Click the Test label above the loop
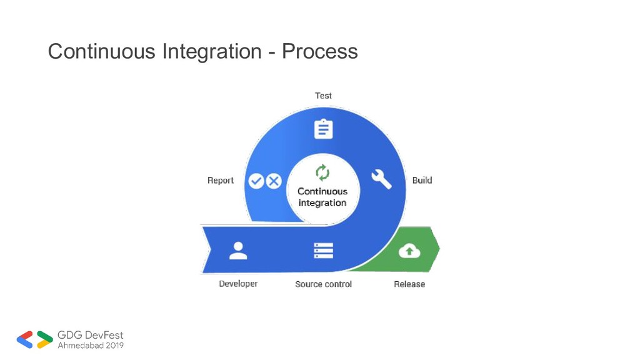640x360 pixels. pos(323,96)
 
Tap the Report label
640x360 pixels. pos(221,181)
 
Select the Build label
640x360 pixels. pos(422,181)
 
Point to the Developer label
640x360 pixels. pos(238,284)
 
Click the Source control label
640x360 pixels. pos(323,284)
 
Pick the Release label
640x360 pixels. pos(409,284)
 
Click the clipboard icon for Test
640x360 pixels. pos(323,129)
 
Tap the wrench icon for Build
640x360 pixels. pos(381,179)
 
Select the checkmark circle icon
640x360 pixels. pos(256,181)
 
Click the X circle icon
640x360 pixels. pos(274,181)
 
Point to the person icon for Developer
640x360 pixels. pos(238,251)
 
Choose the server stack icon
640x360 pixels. pos(323,251)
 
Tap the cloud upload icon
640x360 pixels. pos(409,251)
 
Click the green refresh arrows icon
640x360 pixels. pos(322,172)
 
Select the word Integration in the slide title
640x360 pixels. pos(211,51)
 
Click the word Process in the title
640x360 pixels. pos(319,51)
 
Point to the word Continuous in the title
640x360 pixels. pos(102,51)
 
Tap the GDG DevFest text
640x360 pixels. pos(91,336)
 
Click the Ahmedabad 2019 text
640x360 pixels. pos(91,345)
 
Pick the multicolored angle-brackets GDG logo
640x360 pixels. pos(35,339)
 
